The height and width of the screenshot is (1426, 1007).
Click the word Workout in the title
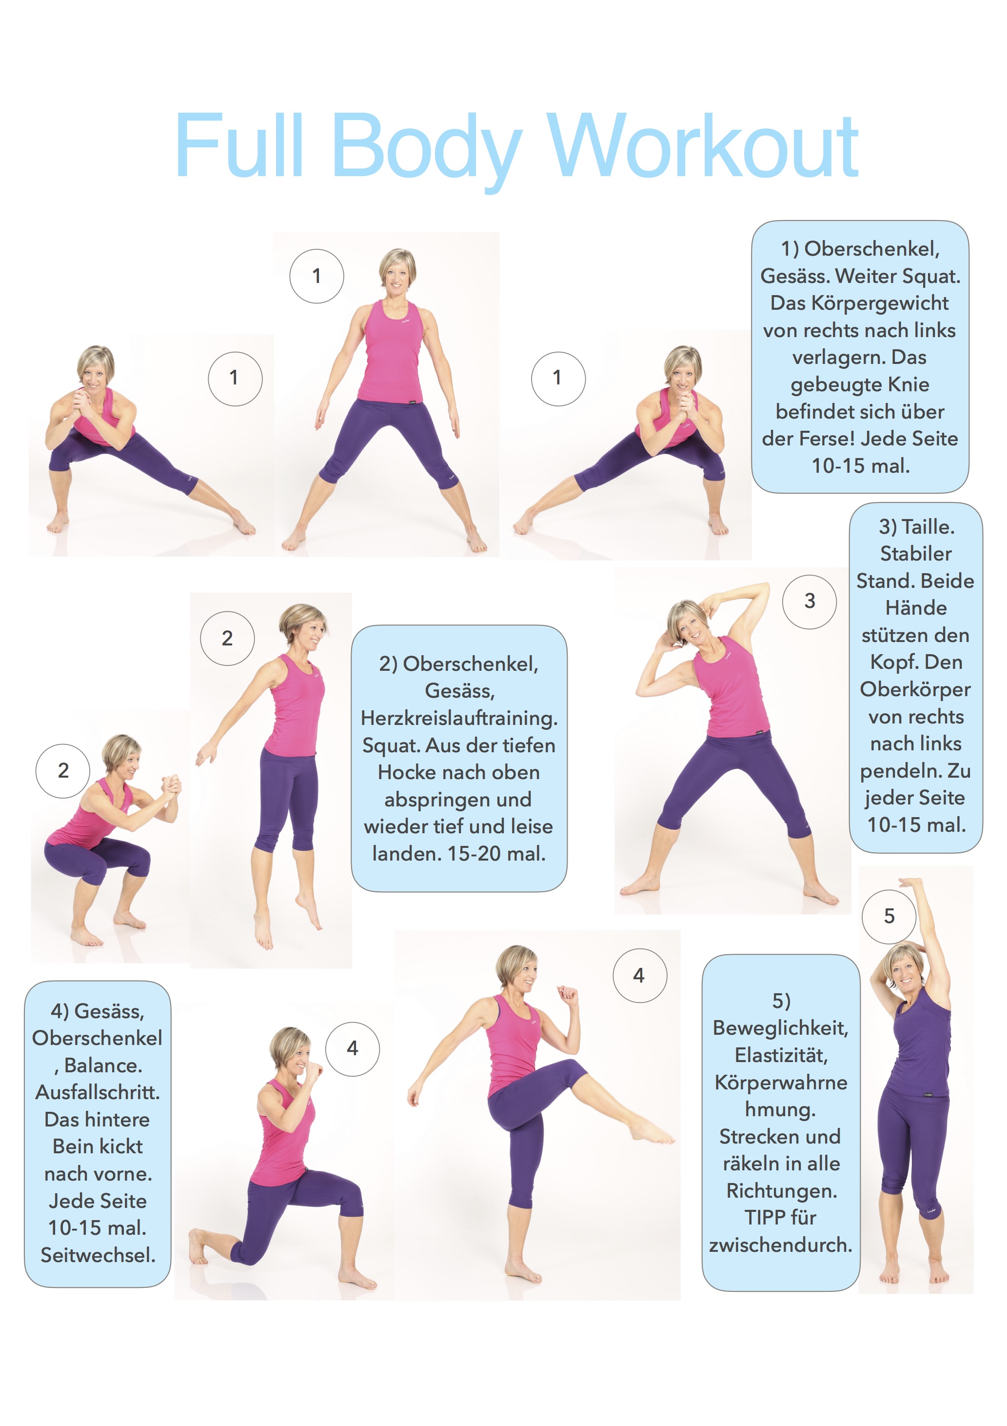click(703, 146)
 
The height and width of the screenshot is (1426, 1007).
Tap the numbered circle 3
click(810, 601)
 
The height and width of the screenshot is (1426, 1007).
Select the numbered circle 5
click(889, 916)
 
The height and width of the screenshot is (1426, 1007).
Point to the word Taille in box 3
click(926, 527)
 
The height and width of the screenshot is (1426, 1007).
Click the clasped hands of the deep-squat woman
click(170, 785)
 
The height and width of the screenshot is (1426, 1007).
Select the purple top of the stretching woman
click(921, 1044)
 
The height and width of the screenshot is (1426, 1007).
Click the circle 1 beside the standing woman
click(316, 277)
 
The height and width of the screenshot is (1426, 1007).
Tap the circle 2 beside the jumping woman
click(227, 639)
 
